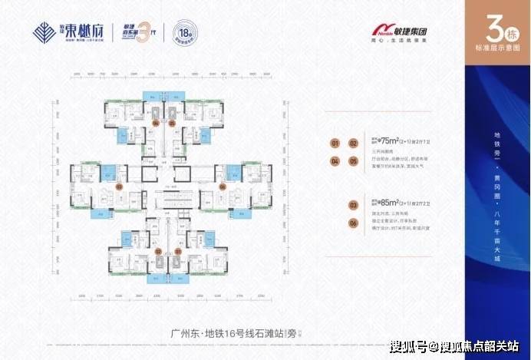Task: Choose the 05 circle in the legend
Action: pos(353,162)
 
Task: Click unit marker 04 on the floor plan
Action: pos(157,123)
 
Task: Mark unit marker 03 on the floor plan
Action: pos(119,186)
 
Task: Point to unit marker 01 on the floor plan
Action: pos(177,249)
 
